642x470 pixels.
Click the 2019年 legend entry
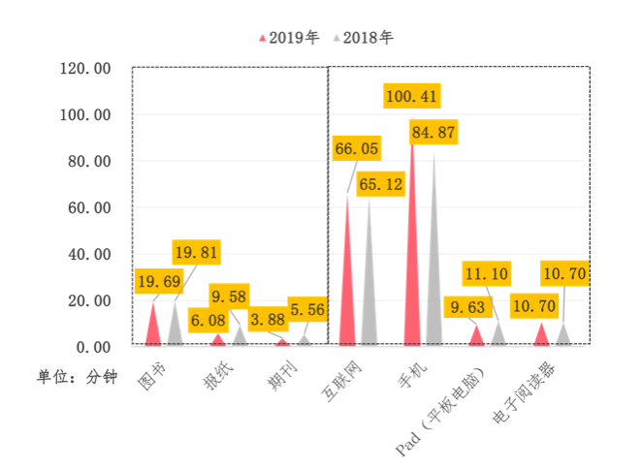[288, 38]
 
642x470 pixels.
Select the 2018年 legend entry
[364, 38]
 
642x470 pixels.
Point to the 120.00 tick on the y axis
[86, 68]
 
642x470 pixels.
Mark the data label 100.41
[413, 96]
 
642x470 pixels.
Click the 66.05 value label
[356, 149]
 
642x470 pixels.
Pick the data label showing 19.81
[196, 253]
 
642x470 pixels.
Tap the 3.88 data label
[267, 319]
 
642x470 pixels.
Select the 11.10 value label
[485, 274]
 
